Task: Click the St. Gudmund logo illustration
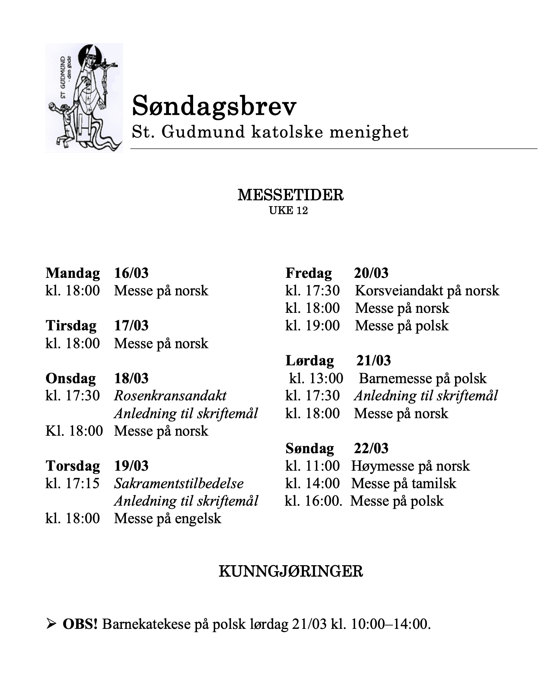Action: tap(84, 98)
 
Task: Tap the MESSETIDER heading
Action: tap(290, 195)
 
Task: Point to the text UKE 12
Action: tap(288, 211)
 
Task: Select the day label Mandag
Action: tap(73, 273)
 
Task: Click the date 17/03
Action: tap(131, 325)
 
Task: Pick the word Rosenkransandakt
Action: tap(170, 396)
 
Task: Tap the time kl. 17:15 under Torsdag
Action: tap(72, 483)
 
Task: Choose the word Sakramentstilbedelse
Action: tap(179, 483)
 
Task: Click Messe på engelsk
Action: tap(168, 518)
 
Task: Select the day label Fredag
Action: tap(309, 273)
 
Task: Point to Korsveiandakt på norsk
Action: tap(427, 290)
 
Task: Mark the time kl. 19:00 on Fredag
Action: tap(312, 325)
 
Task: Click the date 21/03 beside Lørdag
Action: tap(373, 360)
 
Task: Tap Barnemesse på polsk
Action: tap(423, 378)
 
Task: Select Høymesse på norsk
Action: tap(410, 466)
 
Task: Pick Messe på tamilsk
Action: tap(404, 483)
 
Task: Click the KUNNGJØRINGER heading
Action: tap(291, 571)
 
